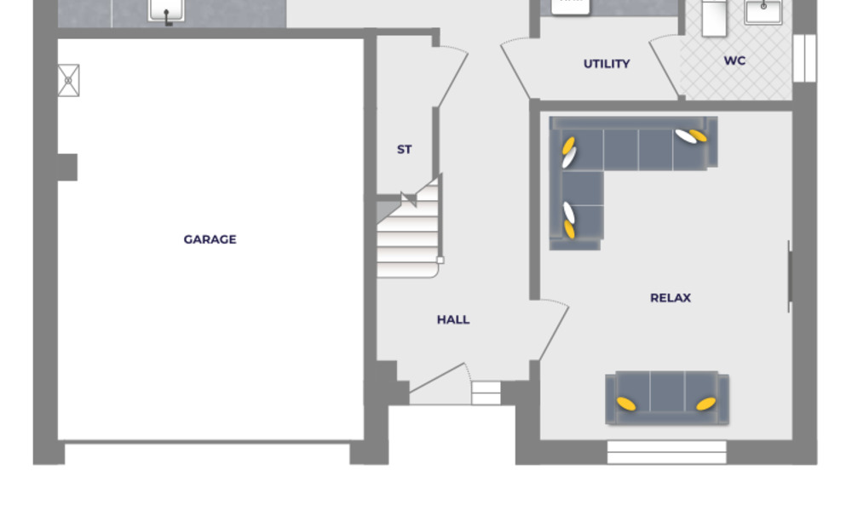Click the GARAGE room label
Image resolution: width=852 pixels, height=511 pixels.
pyautogui.click(x=210, y=239)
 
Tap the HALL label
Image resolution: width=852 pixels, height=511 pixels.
pyautogui.click(x=453, y=319)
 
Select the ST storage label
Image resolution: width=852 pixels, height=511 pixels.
pyautogui.click(x=404, y=149)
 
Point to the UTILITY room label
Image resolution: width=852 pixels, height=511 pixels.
pyautogui.click(x=607, y=64)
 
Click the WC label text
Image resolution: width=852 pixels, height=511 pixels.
pyautogui.click(x=734, y=61)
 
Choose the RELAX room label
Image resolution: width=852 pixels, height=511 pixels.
pyautogui.click(x=671, y=297)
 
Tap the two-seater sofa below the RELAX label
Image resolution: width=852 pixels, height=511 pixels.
pyautogui.click(x=667, y=397)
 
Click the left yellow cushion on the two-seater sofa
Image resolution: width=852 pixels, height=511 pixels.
pyautogui.click(x=626, y=404)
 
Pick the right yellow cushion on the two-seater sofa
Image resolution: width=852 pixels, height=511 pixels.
pyautogui.click(x=705, y=404)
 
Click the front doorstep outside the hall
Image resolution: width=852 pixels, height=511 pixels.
pyautogui.click(x=486, y=393)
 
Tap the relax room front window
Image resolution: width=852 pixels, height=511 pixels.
pyautogui.click(x=666, y=452)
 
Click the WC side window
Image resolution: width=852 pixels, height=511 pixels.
pyautogui.click(x=804, y=58)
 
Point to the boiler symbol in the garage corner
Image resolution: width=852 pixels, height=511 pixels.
pyautogui.click(x=68, y=80)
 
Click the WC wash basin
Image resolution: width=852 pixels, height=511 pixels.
pyautogui.click(x=763, y=11)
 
